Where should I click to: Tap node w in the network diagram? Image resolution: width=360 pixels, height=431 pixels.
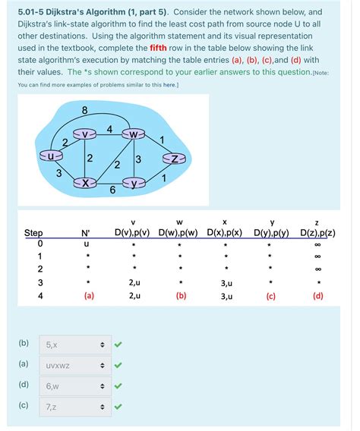pyautogui.click(x=135, y=135)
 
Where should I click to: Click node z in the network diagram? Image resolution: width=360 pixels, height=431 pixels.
pyautogui.click(x=175, y=159)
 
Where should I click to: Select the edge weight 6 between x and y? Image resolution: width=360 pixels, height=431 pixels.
pyautogui.click(x=112, y=190)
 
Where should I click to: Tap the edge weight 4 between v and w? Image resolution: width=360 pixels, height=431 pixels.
pyautogui.click(x=110, y=129)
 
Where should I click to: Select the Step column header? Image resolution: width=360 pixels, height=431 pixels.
pyautogui.click(x=34, y=232)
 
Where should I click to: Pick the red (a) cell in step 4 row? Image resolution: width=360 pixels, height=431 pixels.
pyautogui.click(x=89, y=296)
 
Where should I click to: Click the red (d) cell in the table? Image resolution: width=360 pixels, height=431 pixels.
pyautogui.click(x=317, y=296)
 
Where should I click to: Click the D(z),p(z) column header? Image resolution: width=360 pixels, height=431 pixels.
pyautogui.click(x=317, y=232)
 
